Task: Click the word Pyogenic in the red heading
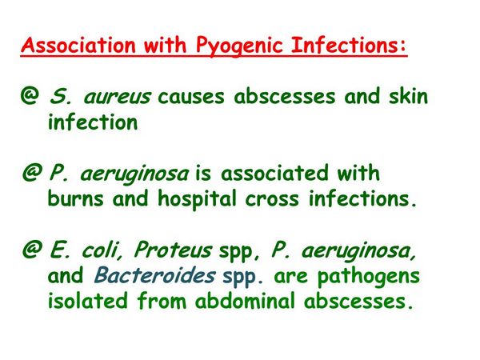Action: pyautogui.click(x=239, y=46)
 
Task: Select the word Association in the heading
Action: pyautogui.click(x=78, y=45)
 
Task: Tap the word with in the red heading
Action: pyautogui.click(x=165, y=45)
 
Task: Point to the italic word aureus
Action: pyautogui.click(x=117, y=97)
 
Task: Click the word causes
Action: pyautogui.click(x=190, y=97)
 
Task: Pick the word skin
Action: pyautogui.click(x=408, y=95)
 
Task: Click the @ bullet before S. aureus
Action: pyautogui.click(x=30, y=95)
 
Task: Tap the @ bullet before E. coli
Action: pyautogui.click(x=31, y=250)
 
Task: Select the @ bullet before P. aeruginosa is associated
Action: pyautogui.click(x=31, y=172)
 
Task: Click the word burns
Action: pyautogui.click(x=76, y=198)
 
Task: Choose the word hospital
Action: pyautogui.click(x=197, y=199)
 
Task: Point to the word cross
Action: pyautogui.click(x=272, y=199)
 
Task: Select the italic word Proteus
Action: pyautogui.click(x=173, y=250)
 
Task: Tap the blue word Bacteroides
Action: pyautogui.click(x=154, y=275)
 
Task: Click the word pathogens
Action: pyautogui.click(x=368, y=277)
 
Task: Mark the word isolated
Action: pyautogui.click(x=87, y=300)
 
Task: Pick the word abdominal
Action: pyautogui.click(x=246, y=300)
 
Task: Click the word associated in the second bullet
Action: pyautogui.click(x=274, y=173)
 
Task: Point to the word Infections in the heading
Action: pyautogui.click(x=349, y=45)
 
